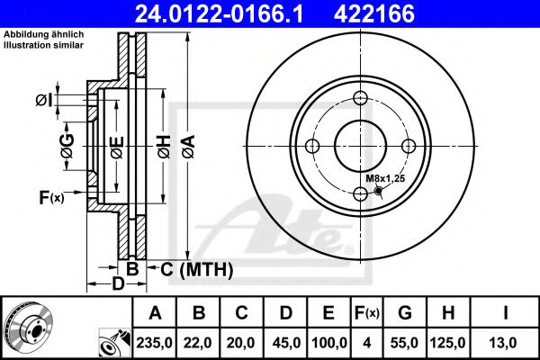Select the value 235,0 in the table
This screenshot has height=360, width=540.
(x=155, y=342)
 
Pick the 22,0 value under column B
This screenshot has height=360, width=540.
(x=199, y=342)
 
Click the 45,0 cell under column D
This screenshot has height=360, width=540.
(x=285, y=342)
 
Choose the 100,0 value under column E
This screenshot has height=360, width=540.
(x=328, y=342)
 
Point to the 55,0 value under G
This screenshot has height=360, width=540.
(x=405, y=342)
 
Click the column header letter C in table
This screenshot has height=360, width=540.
(x=242, y=313)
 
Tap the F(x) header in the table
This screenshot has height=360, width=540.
(x=367, y=313)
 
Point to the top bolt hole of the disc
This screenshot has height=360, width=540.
(x=360, y=99)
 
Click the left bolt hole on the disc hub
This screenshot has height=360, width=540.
(x=312, y=147)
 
